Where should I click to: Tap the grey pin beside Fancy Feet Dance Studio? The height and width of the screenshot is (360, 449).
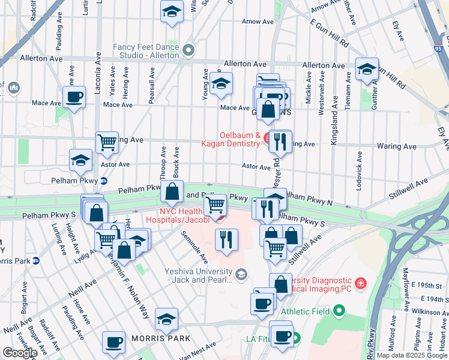[189, 50]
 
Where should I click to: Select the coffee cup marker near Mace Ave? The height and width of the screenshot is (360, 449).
[74, 97]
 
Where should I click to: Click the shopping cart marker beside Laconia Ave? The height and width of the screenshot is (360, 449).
[107, 143]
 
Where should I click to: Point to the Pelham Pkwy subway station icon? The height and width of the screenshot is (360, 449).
[103, 181]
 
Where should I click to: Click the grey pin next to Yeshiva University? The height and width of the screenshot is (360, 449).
[241, 274]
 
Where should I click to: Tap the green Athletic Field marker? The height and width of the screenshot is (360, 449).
[339, 311]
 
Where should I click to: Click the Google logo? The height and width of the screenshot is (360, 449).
[19, 352]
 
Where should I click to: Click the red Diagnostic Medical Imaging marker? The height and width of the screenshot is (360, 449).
[360, 283]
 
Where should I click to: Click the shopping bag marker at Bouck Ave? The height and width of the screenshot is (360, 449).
[172, 192]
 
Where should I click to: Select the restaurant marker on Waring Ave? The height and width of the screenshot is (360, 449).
[279, 142]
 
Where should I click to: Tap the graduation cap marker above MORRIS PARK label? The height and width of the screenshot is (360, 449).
[166, 319]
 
